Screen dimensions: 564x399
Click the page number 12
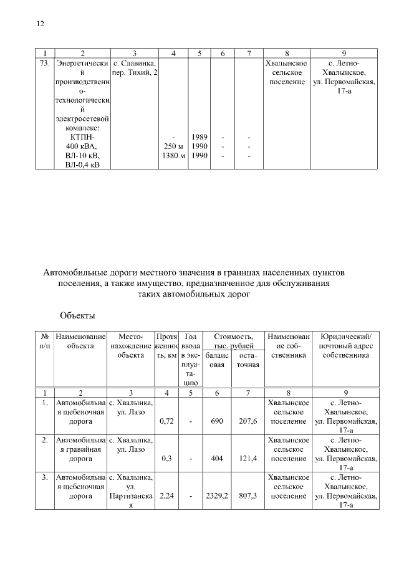[x=41, y=24]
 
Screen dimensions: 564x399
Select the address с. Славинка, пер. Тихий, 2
[x=135, y=69]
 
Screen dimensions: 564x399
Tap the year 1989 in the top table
[x=199, y=136]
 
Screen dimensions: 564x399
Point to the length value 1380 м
[x=174, y=156]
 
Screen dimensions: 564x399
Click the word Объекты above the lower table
[x=77, y=315]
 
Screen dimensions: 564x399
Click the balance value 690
[x=217, y=422]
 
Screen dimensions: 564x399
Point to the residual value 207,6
[x=248, y=422]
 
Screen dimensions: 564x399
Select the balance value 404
[x=217, y=458]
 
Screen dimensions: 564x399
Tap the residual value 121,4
[x=248, y=458]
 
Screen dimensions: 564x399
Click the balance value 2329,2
[x=217, y=496]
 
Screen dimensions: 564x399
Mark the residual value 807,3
[x=248, y=496]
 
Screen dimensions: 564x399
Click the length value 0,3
[x=166, y=458]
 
